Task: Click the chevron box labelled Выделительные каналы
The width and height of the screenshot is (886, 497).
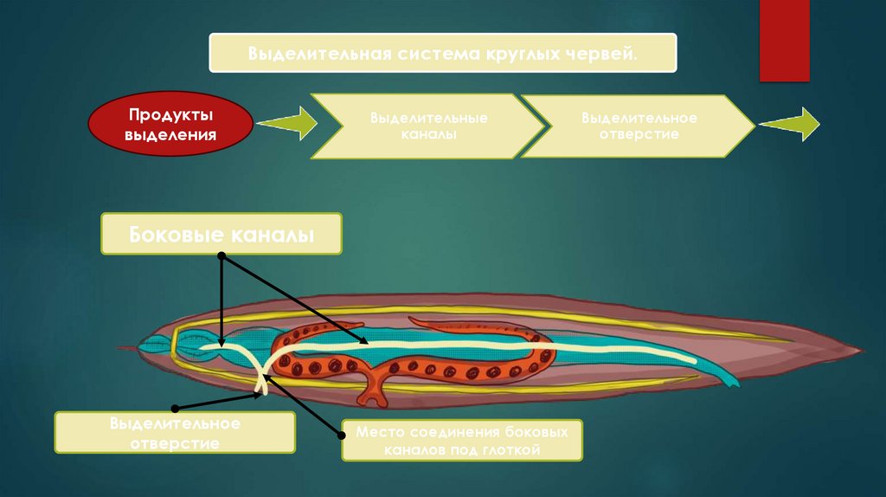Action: point(428,126)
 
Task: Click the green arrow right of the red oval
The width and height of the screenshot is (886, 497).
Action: point(286,123)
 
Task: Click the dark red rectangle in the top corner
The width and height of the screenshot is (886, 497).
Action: point(784,40)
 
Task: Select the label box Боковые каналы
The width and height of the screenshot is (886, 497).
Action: point(221,234)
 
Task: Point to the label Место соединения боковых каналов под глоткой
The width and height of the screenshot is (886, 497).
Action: point(461,440)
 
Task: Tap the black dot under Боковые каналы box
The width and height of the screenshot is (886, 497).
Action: point(221,256)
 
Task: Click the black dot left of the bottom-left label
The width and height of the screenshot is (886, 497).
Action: point(175,407)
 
